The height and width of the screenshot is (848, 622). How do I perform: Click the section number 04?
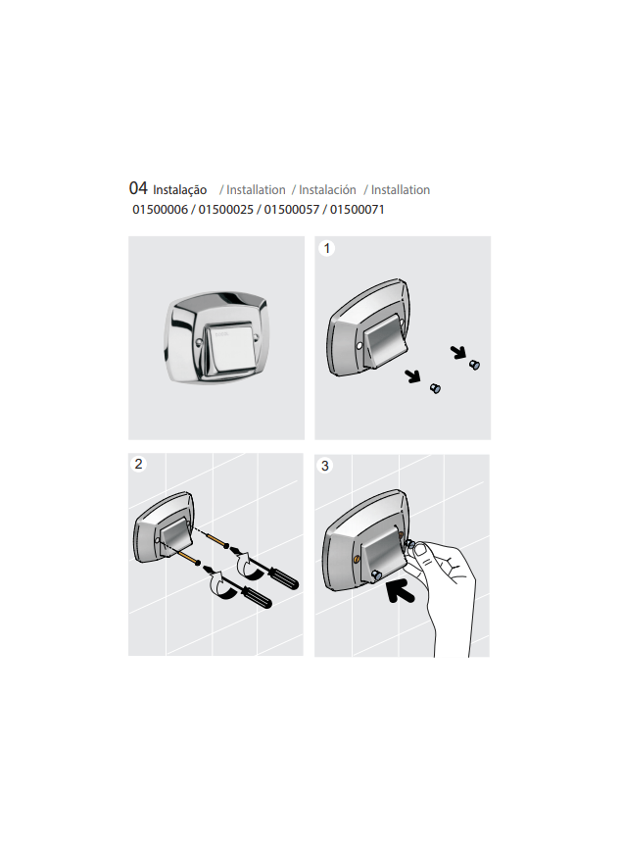(x=137, y=188)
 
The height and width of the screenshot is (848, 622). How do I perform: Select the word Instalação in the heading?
(x=179, y=190)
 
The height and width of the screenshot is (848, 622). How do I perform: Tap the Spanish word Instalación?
(x=327, y=190)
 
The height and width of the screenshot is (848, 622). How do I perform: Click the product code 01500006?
(x=161, y=210)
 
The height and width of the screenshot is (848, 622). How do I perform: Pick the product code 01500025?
(x=226, y=210)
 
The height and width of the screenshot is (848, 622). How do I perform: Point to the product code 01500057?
(x=292, y=210)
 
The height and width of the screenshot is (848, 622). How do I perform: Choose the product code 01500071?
(x=358, y=210)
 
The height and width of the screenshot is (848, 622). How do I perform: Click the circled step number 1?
(x=328, y=249)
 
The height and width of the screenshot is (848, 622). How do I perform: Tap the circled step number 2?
(x=140, y=465)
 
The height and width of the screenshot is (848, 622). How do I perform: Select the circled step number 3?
(x=326, y=467)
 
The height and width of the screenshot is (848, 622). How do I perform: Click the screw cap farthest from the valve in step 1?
(x=475, y=365)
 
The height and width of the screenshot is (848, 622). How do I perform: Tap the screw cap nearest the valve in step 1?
(x=436, y=389)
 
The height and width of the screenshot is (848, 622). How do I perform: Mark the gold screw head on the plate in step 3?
(x=356, y=557)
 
